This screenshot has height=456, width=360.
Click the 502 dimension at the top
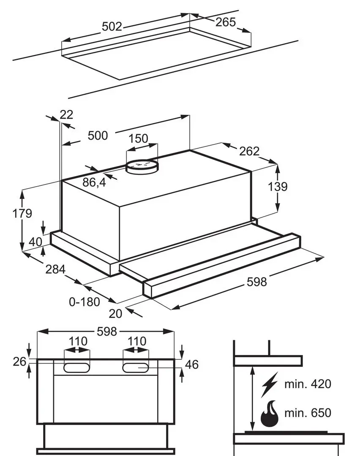click(112, 27)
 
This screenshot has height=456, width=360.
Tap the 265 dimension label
click(226, 22)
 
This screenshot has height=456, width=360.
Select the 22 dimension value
click(66, 114)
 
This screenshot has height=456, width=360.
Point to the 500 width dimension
click(98, 136)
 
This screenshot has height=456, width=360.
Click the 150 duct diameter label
click(138, 138)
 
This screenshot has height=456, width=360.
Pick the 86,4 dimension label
click(94, 182)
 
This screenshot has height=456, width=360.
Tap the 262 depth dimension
click(249, 151)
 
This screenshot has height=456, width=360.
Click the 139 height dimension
click(278, 187)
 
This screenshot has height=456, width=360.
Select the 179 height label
click(22, 214)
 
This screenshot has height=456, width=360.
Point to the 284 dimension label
click(55, 269)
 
